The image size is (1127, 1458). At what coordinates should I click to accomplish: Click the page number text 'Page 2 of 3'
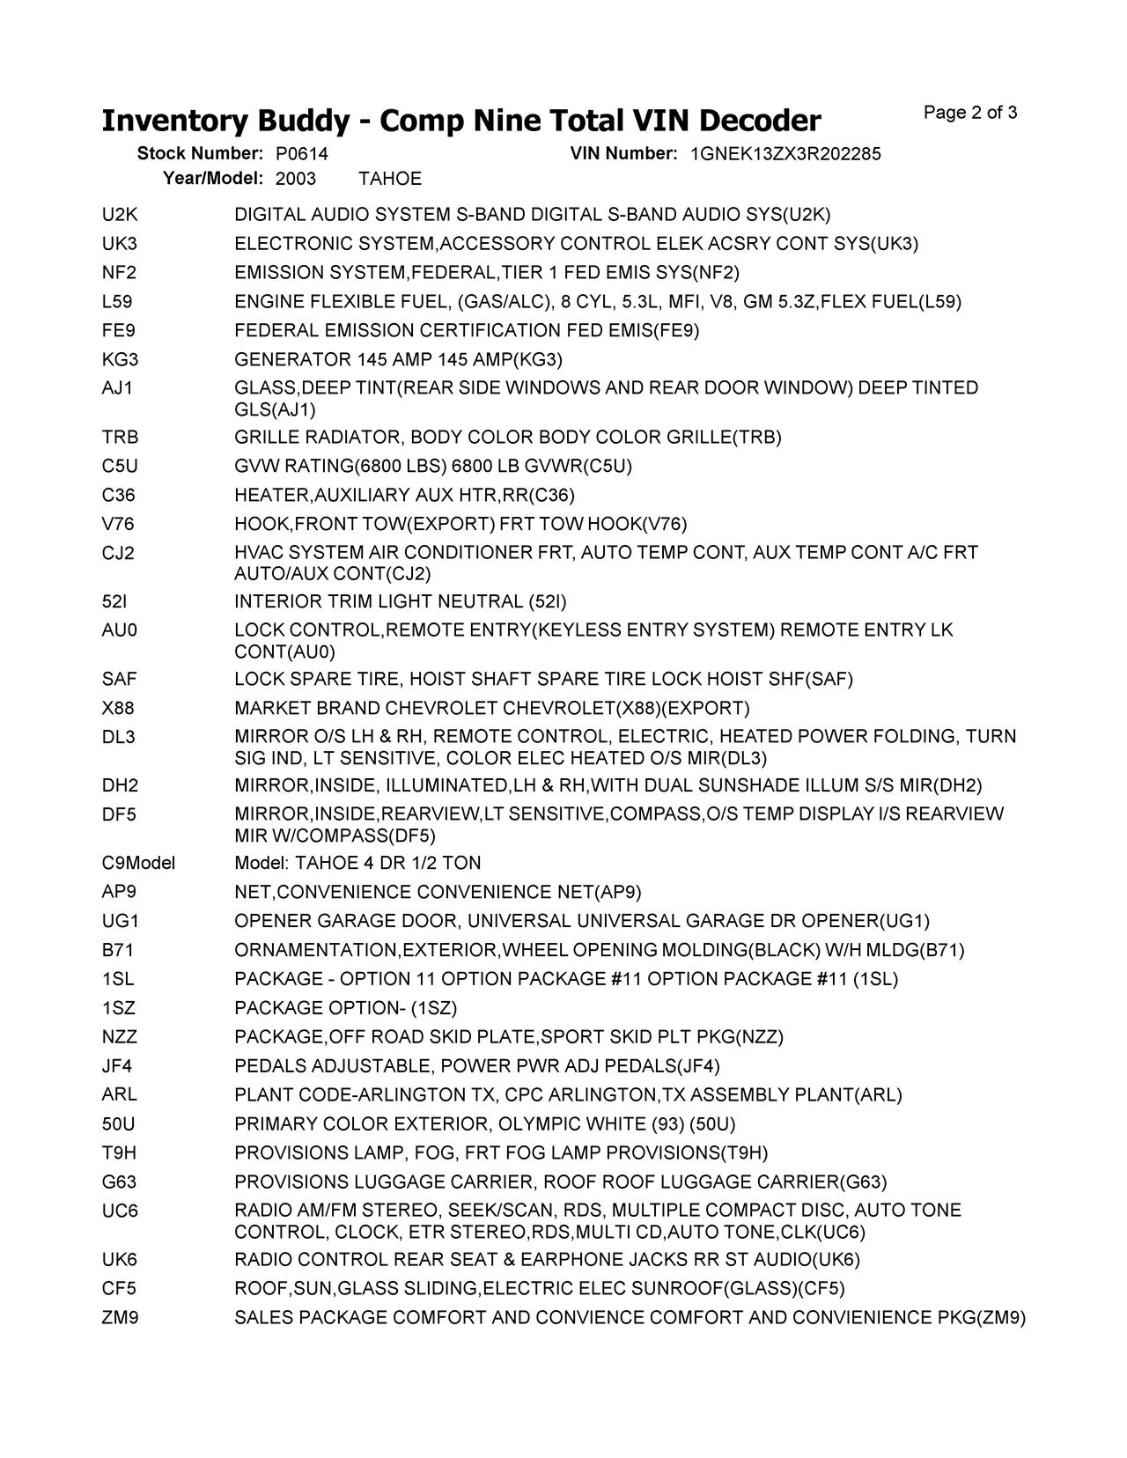tap(970, 113)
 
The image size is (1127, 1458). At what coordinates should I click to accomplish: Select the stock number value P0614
tap(301, 154)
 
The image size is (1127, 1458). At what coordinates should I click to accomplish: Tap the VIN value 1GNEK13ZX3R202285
tap(785, 154)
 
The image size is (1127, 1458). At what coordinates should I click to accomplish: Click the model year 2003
tap(296, 179)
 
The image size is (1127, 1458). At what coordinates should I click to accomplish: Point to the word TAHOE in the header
tap(390, 179)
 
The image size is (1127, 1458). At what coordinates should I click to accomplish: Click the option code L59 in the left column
tap(117, 302)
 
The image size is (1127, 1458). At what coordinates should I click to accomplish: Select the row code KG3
tap(120, 359)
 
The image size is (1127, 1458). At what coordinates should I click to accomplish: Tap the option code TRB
tap(120, 438)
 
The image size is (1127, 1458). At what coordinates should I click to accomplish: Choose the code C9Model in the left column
tap(138, 863)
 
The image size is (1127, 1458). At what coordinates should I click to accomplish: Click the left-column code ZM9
tap(120, 1318)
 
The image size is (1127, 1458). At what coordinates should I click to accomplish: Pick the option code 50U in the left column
tap(119, 1124)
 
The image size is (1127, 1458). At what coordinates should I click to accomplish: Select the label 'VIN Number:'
tap(623, 154)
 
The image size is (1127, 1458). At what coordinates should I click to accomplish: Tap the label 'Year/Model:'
tap(213, 179)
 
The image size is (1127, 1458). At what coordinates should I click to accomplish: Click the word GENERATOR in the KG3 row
tap(292, 359)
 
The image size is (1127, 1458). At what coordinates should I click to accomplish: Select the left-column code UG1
tap(120, 921)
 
